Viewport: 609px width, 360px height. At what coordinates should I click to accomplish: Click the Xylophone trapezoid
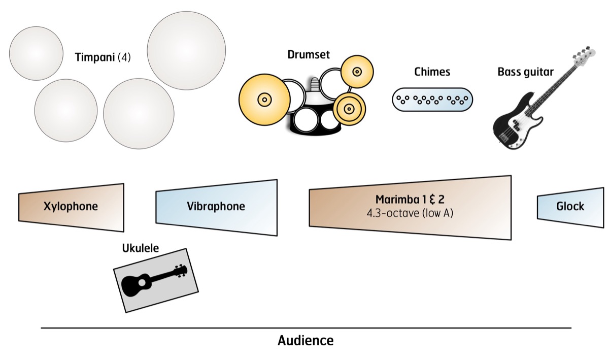click(71, 208)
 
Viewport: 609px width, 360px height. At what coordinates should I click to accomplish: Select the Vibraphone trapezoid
click(216, 207)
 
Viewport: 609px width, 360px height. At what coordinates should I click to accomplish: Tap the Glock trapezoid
click(570, 207)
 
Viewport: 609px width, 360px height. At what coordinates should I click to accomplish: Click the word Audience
click(306, 340)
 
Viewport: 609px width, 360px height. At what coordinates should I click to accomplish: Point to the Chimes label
click(432, 72)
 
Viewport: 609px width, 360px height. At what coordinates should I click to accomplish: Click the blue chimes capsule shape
click(432, 100)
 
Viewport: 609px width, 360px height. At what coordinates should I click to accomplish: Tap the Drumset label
click(309, 55)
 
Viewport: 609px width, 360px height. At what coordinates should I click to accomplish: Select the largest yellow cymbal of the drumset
click(264, 100)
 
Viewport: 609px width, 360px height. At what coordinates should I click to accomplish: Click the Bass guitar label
click(526, 72)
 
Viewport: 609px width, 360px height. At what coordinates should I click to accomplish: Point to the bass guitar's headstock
click(585, 56)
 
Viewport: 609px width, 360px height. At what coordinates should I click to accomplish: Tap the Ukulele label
click(140, 248)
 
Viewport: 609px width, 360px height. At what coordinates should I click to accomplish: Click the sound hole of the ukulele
click(142, 283)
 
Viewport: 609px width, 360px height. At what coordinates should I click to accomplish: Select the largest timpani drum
click(187, 51)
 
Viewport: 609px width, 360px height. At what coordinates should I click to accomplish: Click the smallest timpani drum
click(36, 53)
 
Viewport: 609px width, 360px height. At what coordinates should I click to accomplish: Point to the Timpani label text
click(103, 57)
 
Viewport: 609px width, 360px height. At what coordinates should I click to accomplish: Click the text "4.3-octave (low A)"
click(410, 213)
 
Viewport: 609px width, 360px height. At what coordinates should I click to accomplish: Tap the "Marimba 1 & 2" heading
click(410, 200)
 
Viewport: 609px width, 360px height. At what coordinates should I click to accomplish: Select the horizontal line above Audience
click(306, 328)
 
